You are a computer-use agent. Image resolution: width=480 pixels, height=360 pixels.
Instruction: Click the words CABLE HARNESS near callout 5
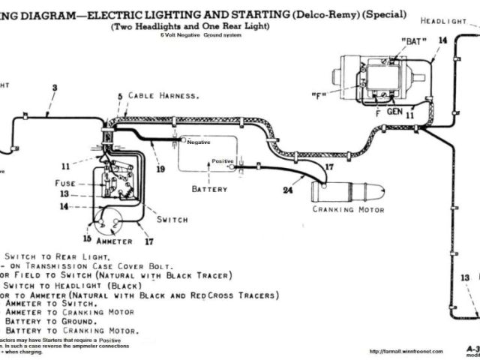[163, 96]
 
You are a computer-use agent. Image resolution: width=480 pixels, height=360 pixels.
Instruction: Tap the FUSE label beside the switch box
[66, 183]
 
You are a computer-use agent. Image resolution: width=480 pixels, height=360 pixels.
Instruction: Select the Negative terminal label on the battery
[199, 142]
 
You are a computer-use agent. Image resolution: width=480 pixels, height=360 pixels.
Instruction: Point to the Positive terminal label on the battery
[223, 160]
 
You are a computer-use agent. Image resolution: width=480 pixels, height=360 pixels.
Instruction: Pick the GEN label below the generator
[394, 112]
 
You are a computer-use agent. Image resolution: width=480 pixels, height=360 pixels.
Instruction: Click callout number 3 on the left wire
[54, 88]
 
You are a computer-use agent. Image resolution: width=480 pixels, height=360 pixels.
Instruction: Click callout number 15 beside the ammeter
[87, 238]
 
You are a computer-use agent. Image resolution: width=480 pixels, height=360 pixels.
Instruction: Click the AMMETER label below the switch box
[115, 241]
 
